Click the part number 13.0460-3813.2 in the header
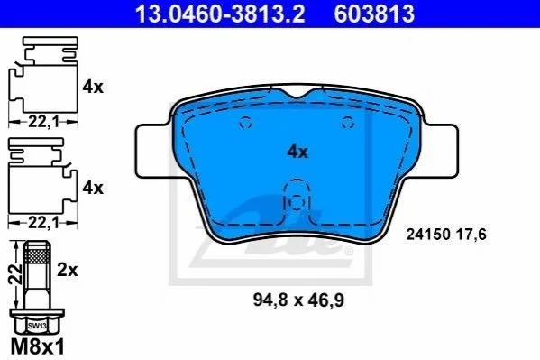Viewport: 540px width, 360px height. [x=220, y=14]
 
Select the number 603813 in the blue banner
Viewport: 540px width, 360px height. [x=374, y=14]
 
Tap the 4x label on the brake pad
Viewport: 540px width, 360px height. [x=297, y=152]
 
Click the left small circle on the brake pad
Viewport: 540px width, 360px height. [x=246, y=122]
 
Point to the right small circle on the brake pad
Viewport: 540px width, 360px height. [x=347, y=122]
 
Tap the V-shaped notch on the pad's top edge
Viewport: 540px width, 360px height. [x=297, y=93]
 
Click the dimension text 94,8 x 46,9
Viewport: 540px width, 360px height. [x=298, y=300]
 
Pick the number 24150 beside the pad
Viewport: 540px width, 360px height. [x=428, y=235]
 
